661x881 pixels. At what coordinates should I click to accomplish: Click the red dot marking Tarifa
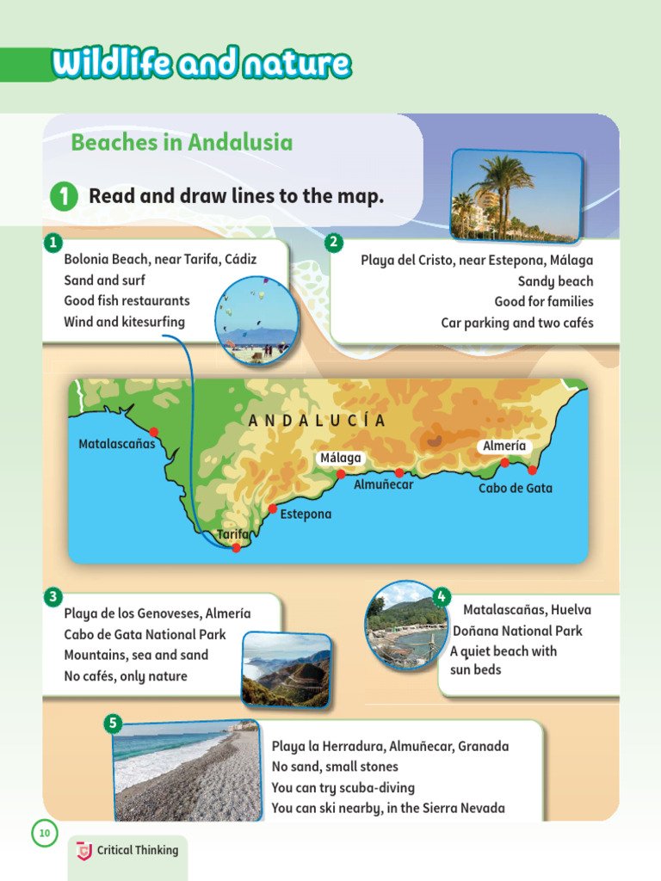coord(237,548)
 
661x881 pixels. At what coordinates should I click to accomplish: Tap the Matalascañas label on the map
coord(117,444)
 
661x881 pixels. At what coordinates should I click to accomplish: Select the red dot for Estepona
coord(273,509)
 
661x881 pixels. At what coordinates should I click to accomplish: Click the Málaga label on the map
coord(341,458)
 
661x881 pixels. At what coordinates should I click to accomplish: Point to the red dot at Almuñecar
coord(399,472)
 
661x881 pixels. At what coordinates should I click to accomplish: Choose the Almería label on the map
coord(504,446)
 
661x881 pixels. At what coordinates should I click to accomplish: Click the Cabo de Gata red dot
coord(533,470)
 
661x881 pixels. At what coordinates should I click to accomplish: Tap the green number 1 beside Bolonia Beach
coord(53,241)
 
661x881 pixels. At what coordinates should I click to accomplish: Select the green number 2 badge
coord(334,243)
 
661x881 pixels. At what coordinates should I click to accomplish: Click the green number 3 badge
coord(53,596)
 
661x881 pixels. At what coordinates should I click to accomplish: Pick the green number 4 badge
coord(441,596)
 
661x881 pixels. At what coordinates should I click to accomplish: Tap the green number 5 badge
coord(113,723)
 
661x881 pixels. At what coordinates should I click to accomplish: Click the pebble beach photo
coord(185,771)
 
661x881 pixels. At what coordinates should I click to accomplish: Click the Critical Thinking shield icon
coord(84,851)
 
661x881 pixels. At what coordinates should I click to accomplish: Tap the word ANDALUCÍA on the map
coord(317,421)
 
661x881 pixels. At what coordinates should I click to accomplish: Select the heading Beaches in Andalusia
coord(182,142)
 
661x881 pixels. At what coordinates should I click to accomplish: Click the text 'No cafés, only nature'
coord(126,676)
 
